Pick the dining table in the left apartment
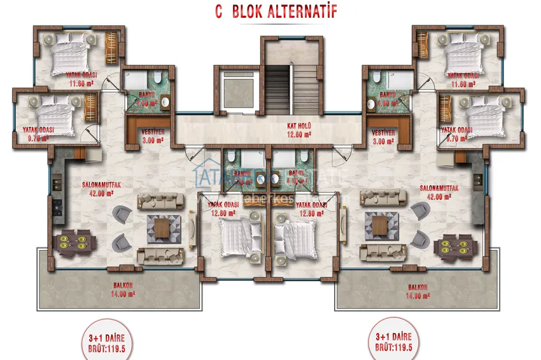[74, 242]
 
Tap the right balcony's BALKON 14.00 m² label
[418, 291]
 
